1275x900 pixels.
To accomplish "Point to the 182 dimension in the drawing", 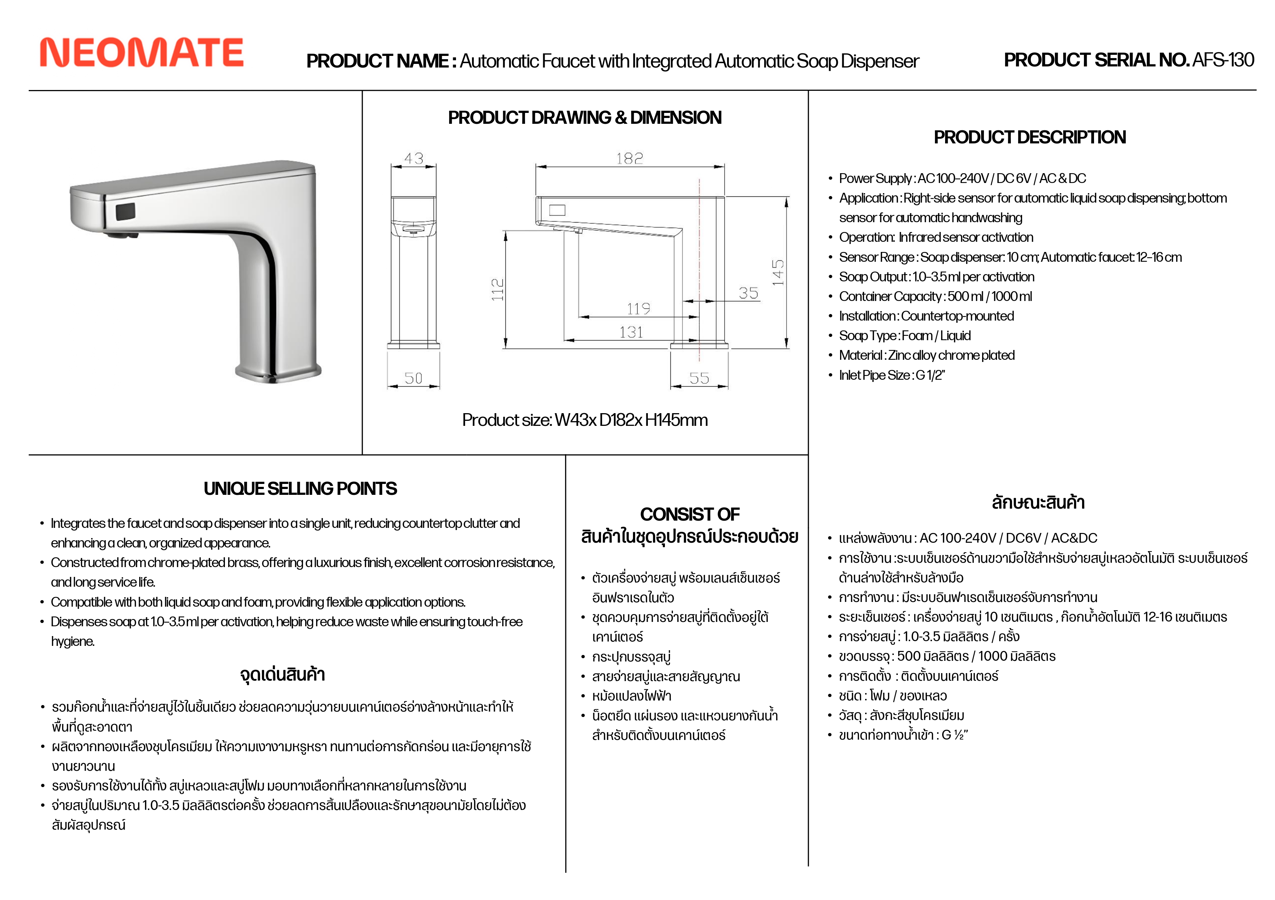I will click(629, 159).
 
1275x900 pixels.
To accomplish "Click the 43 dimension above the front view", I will click(414, 159).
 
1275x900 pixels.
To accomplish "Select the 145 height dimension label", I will click(778, 272).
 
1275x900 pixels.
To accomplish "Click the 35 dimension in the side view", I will click(749, 293).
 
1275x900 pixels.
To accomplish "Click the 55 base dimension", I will click(699, 378).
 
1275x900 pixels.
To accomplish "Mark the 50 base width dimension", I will click(414, 378).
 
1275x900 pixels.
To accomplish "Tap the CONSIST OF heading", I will click(690, 514).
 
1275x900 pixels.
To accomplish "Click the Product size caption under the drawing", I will click(585, 420).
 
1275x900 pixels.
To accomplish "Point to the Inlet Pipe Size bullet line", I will click(891, 375).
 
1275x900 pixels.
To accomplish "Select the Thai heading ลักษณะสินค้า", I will click(1038, 503).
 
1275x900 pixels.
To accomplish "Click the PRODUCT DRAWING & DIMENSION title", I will click(585, 118).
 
